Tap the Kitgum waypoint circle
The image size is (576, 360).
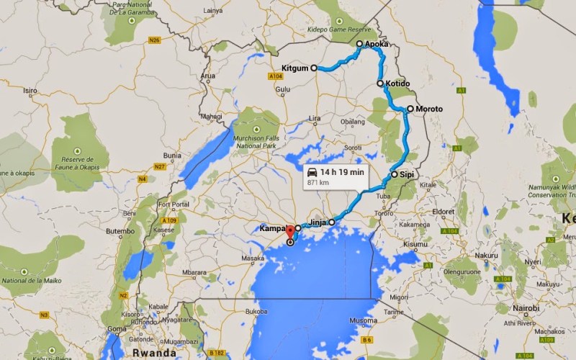[314, 68]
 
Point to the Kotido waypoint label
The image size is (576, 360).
[397, 84]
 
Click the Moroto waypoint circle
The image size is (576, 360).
[410, 109]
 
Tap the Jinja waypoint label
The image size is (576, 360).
[318, 222]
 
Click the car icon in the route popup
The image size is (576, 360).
[312, 173]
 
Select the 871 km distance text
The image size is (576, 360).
[318, 184]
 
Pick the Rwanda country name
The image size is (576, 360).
[154, 353]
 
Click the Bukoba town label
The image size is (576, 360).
[256, 312]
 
